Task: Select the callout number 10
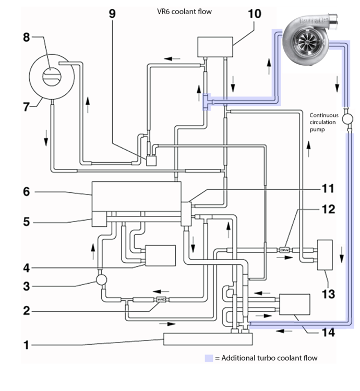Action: tap(254, 14)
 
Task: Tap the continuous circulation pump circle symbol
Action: tap(346, 119)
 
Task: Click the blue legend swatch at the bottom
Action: tap(209, 358)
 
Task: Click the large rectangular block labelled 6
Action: tap(136, 196)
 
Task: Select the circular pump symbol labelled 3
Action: tap(101, 280)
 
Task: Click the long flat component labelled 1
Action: tap(207, 339)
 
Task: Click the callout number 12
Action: tap(328, 210)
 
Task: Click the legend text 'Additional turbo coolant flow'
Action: tap(269, 358)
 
